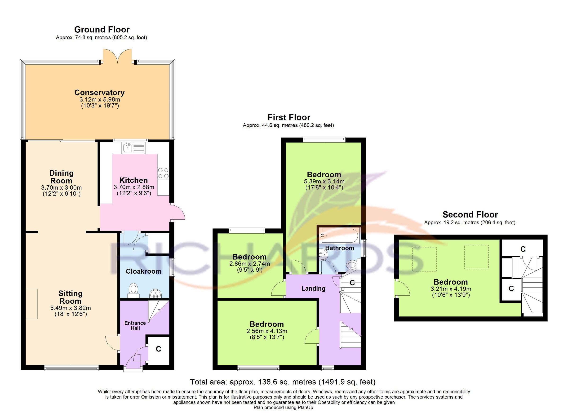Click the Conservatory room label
pos(99,92)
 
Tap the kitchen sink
pos(128,148)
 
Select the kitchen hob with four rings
pos(163,173)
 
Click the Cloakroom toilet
pos(133,290)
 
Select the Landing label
pos(313,289)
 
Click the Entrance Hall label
pos(135,326)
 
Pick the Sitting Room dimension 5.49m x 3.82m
pos(70,308)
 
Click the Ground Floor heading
pos(102,30)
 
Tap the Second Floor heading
pos(470,214)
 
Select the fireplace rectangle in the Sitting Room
pos(31,304)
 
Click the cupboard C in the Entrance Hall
pos(158,349)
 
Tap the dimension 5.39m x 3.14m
pos(324,181)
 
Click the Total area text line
pos(283,382)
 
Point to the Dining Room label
pos(61,177)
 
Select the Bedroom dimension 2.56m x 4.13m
pos(267,331)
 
